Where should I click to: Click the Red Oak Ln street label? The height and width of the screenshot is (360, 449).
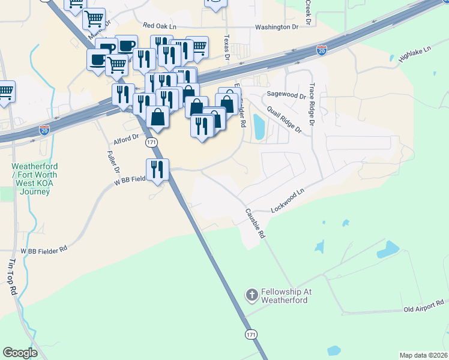(160, 26)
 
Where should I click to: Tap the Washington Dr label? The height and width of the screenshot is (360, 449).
(276, 27)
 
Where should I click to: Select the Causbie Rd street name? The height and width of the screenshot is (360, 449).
(255, 224)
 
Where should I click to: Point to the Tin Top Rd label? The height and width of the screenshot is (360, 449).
(13, 277)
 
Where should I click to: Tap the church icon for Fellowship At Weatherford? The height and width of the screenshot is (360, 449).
(252, 295)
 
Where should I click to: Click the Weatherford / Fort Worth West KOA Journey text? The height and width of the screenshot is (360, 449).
(31, 179)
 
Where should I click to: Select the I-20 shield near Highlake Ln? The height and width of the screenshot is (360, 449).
(322, 50)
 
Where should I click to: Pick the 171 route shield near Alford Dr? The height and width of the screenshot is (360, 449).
(151, 142)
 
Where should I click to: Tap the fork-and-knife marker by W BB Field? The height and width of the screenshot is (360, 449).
(157, 169)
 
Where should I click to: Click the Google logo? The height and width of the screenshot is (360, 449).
(20, 353)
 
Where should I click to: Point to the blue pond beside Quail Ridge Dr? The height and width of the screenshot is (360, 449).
(259, 127)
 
